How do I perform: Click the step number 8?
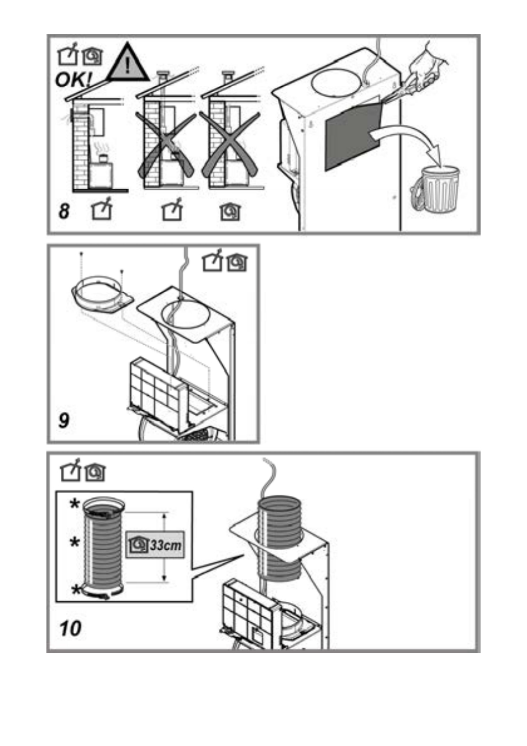point(64,211)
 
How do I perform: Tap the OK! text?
point(73,80)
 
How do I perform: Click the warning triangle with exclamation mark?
point(128,64)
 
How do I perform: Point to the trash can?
point(435,189)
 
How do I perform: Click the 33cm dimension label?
point(155,545)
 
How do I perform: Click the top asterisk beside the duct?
point(75,505)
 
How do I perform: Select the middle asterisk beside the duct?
point(75,542)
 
